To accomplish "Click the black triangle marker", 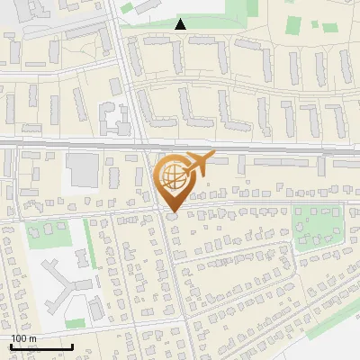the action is pyautogui.click(x=181, y=24).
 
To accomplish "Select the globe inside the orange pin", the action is pyautogui.click(x=170, y=176).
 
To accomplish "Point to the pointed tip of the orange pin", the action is pyautogui.click(x=171, y=211).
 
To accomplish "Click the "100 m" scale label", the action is pyautogui.click(x=22, y=338).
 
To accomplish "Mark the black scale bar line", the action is pyautogui.click(x=40, y=346).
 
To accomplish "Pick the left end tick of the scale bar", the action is pyautogui.click(x=10, y=346).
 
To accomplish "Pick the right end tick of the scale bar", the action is pyautogui.click(x=72, y=346).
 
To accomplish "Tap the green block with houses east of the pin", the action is pyautogui.click(x=314, y=224).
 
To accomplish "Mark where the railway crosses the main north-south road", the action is pyautogui.click(x=144, y=141).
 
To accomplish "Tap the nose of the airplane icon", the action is pyautogui.click(x=213, y=157).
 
